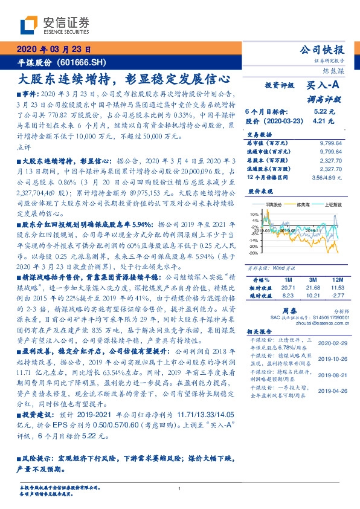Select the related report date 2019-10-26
pos(336,358)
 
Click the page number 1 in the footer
pos(180,489)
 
